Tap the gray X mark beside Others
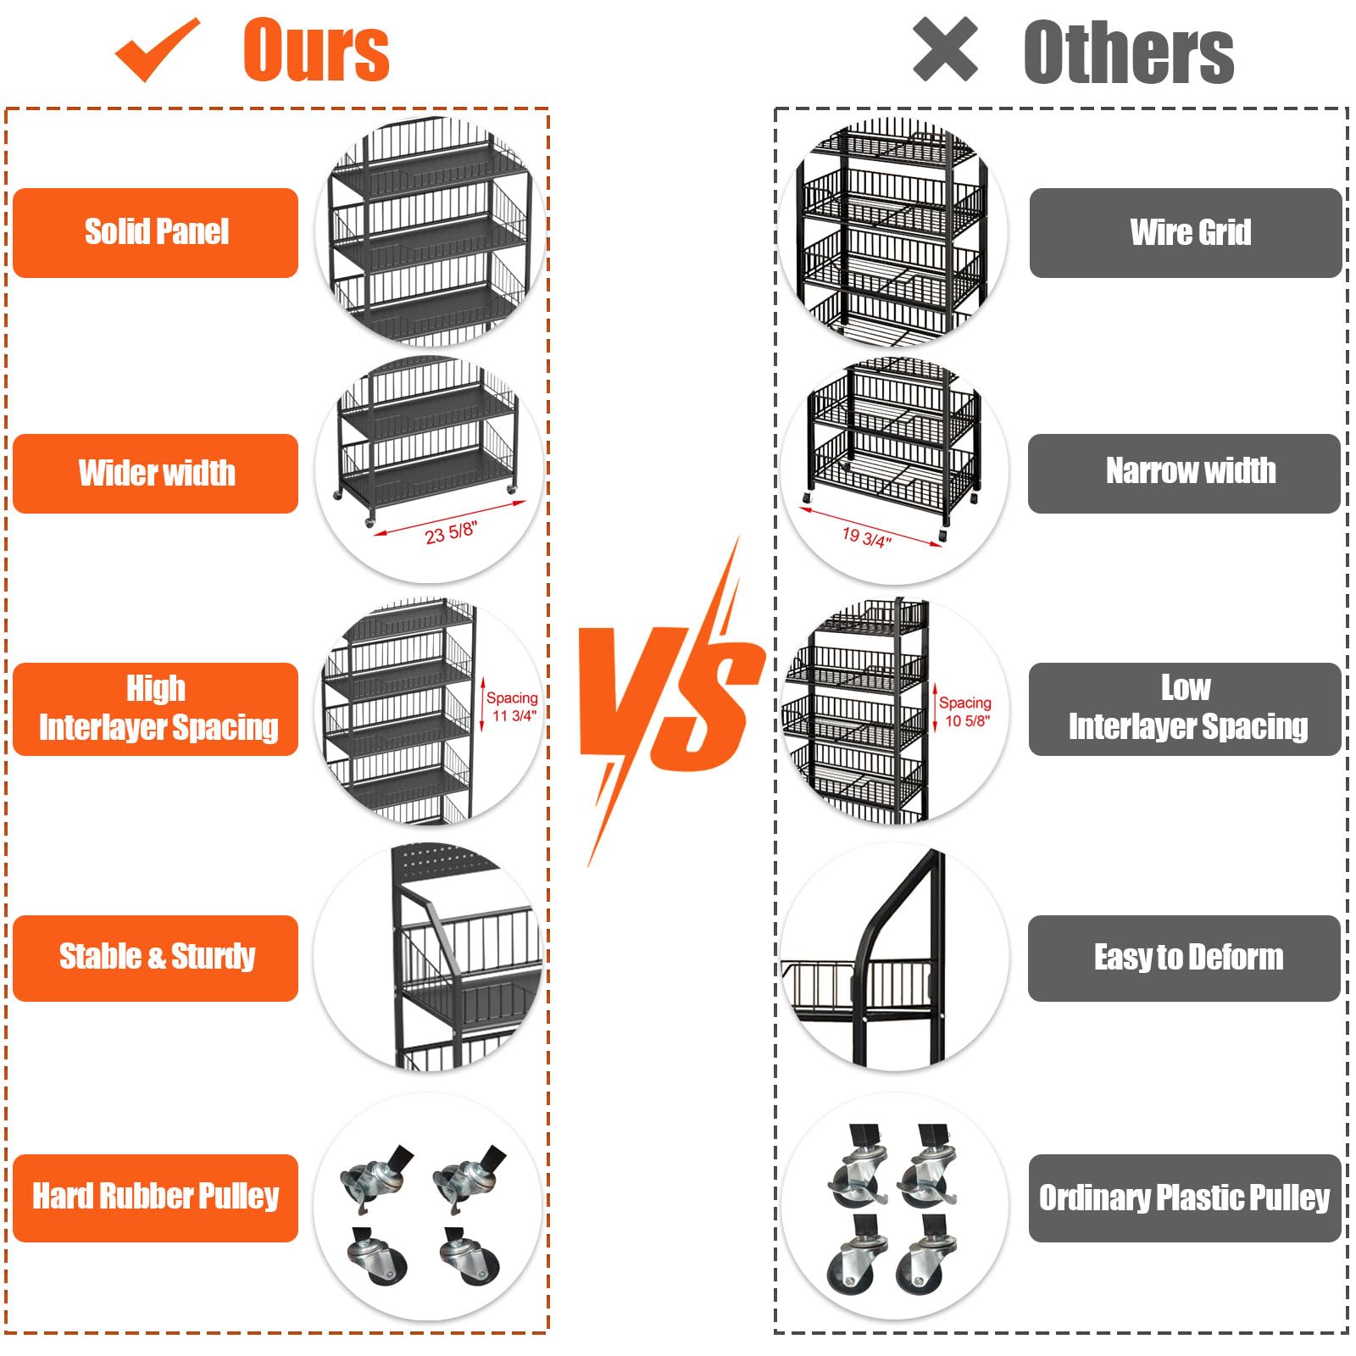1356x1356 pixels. click(x=945, y=50)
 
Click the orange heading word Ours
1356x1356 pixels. click(x=315, y=51)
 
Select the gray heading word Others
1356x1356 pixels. click(x=1128, y=53)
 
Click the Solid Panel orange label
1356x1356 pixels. click(x=156, y=232)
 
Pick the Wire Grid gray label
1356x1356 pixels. click(x=1186, y=232)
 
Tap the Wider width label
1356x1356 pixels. click(x=156, y=473)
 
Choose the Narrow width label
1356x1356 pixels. click(x=1185, y=472)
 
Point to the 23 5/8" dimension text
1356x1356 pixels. click(x=451, y=533)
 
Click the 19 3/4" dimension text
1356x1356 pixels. click(x=866, y=536)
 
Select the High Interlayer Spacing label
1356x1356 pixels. click(x=156, y=709)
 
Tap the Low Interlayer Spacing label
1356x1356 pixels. click(x=1185, y=709)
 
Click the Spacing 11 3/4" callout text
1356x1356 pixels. click(x=512, y=706)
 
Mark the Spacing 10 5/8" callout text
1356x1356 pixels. click(x=965, y=711)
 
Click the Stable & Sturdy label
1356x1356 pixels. click(x=156, y=958)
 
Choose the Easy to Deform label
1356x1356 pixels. click(x=1185, y=958)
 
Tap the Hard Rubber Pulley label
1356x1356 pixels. click(x=156, y=1197)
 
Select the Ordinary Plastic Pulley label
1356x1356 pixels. click(x=1185, y=1198)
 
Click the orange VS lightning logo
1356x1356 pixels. click(x=670, y=703)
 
